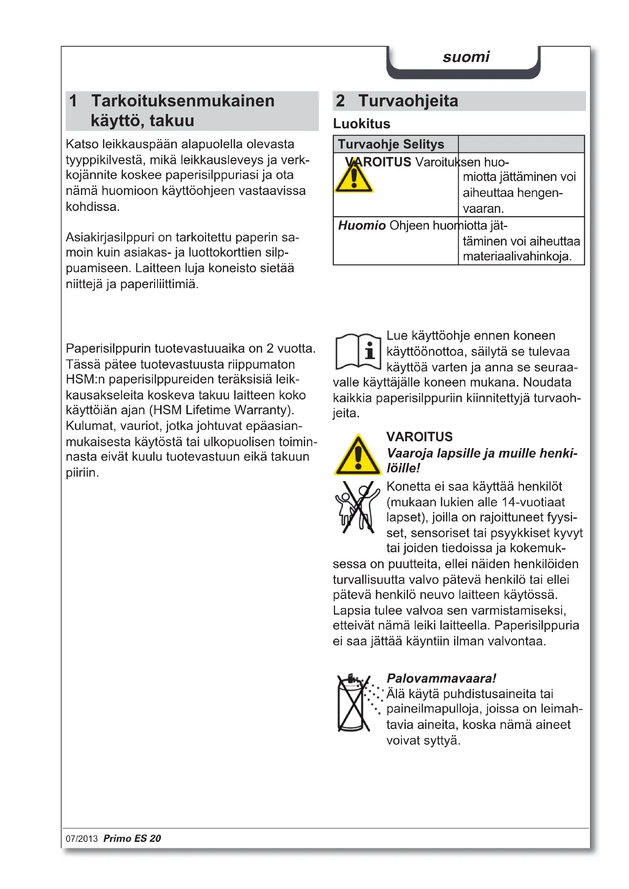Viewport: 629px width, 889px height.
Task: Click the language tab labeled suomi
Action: pos(466,57)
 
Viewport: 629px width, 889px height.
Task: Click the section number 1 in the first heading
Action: pos(73,101)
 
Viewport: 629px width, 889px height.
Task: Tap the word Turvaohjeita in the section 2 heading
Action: pos(408,101)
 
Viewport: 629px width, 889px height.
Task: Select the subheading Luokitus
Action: pos(361,124)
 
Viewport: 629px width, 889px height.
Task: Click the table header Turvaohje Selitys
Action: pos(391,144)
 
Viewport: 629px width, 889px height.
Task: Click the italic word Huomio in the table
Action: pos(361,225)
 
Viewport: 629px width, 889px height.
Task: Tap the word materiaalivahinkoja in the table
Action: pos(517,256)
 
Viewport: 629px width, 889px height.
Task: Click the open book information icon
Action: pos(358,351)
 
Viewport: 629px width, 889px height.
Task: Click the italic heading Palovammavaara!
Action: pos(441,678)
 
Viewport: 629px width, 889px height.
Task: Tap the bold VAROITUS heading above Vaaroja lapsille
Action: pos(419,437)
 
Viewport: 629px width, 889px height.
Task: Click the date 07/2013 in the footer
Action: pos(82,839)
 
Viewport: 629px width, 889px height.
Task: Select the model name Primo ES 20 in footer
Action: pos(132,838)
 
